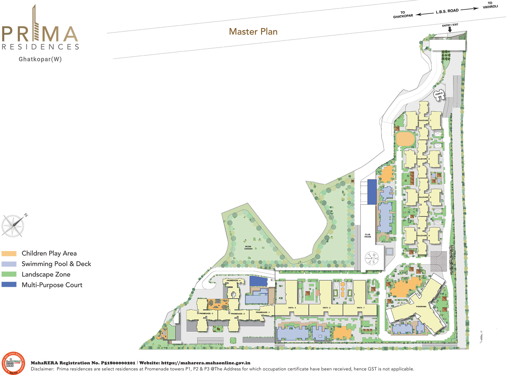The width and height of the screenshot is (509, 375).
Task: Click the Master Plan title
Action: pyautogui.click(x=253, y=32)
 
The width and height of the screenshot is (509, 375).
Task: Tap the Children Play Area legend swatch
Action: pyautogui.click(x=9, y=253)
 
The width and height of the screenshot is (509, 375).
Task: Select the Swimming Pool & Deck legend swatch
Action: pyautogui.click(x=9, y=264)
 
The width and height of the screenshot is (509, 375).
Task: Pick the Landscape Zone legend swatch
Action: pyautogui.click(x=9, y=274)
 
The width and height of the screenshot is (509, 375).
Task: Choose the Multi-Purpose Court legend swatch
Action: pyautogui.click(x=9, y=285)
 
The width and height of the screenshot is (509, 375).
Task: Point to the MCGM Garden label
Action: pyautogui.click(x=248, y=248)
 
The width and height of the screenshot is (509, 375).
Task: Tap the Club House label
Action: pyautogui.click(x=367, y=236)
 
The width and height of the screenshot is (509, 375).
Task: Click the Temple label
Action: pyautogui.click(x=439, y=94)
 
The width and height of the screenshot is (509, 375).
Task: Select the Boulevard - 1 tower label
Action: pyautogui.click(x=424, y=121)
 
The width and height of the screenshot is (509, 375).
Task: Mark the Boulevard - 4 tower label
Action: pyautogui.click(x=423, y=236)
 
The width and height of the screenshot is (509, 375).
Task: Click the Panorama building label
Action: pyautogui.click(x=421, y=306)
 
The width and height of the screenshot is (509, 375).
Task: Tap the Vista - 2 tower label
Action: pyautogui.click(x=326, y=308)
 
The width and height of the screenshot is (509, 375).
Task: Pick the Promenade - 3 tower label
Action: pyautogui.click(x=206, y=313)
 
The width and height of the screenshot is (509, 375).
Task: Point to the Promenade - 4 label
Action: pyautogui.click(x=233, y=280)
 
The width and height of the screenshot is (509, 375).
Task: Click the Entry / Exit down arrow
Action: pyautogui.click(x=450, y=29)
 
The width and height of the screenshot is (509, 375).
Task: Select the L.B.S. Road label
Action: pyautogui.click(x=447, y=11)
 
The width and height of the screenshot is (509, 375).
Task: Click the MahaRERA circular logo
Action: pyautogui.click(x=13, y=363)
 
